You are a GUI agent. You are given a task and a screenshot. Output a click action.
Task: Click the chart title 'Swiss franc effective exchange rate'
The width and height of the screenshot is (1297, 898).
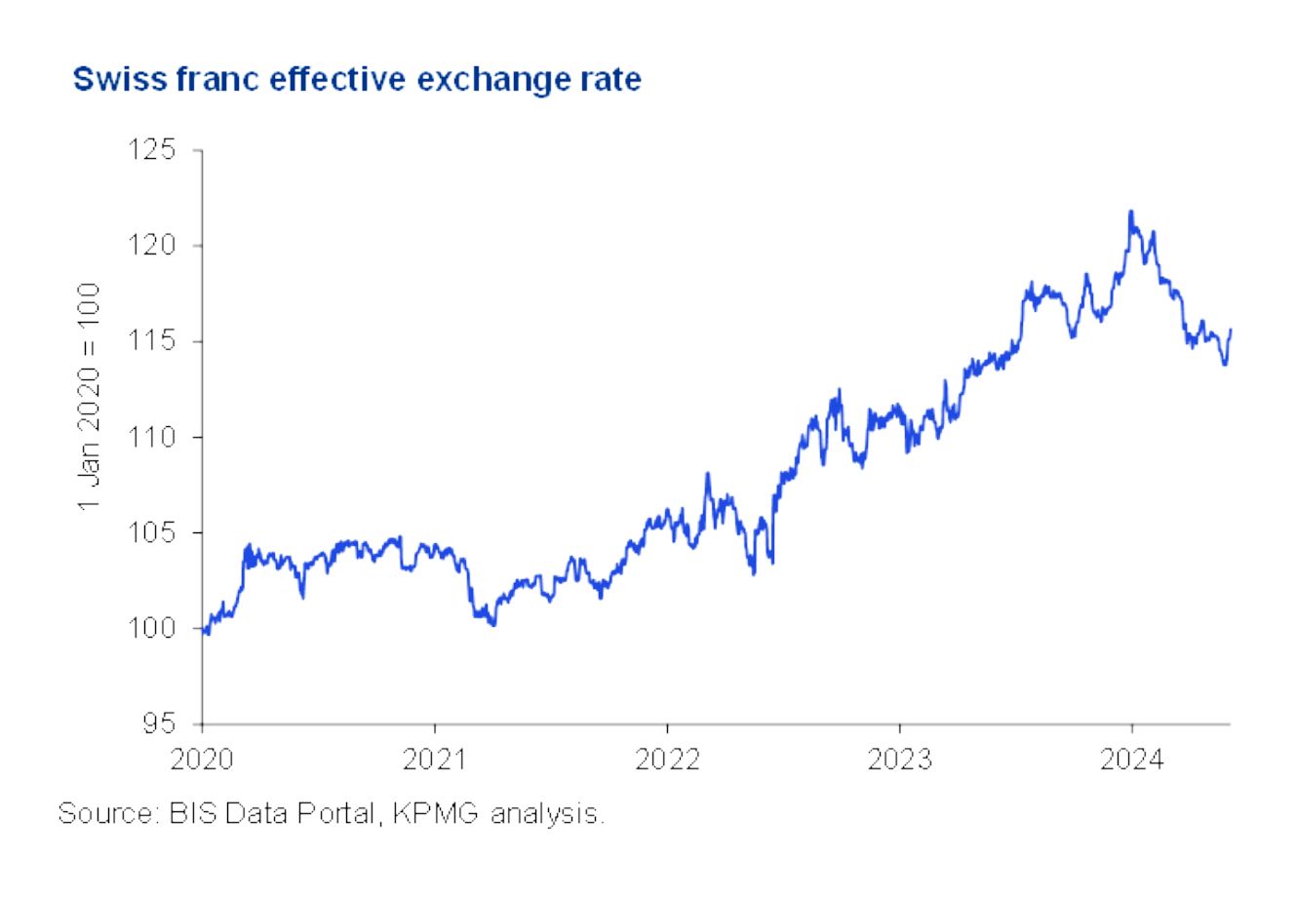[x=357, y=79]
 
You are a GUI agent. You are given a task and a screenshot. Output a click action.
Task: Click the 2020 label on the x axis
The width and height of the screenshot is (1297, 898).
[x=201, y=760]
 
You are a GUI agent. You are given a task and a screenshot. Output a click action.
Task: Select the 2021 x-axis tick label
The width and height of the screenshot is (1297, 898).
[x=434, y=760]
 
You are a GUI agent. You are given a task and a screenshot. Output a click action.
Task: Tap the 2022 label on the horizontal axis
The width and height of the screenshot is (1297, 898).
[x=667, y=760]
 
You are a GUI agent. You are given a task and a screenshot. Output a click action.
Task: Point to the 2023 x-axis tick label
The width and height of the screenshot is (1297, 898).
[x=899, y=760]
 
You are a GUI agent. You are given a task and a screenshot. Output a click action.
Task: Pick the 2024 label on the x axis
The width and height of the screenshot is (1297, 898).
[x=1131, y=760]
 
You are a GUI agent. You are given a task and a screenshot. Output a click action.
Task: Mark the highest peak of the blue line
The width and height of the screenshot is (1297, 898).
[x=1130, y=212]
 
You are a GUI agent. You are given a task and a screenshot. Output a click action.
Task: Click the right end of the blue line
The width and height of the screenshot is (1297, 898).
[x=1231, y=330]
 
